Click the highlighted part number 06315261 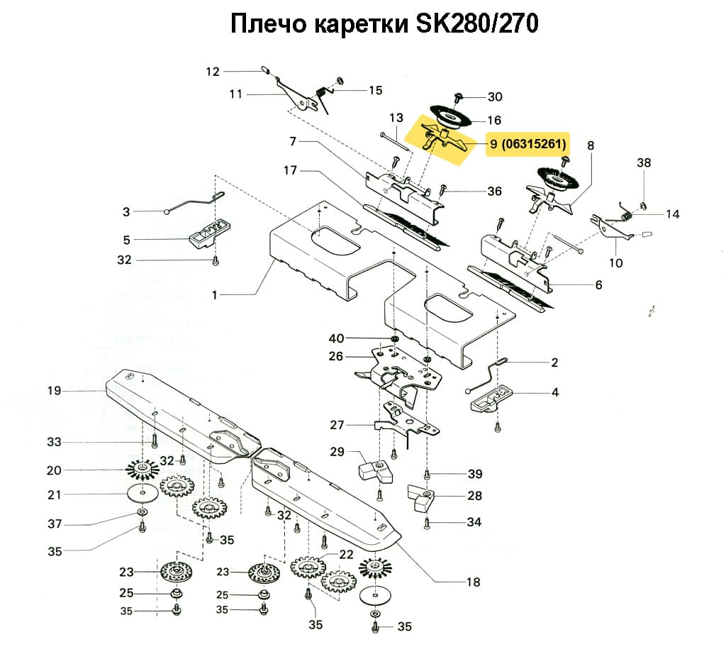533,145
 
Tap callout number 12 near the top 213,71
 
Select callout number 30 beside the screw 493,97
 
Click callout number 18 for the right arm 473,582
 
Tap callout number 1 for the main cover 215,294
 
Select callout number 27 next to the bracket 337,426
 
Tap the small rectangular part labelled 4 493,400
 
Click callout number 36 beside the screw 494,192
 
